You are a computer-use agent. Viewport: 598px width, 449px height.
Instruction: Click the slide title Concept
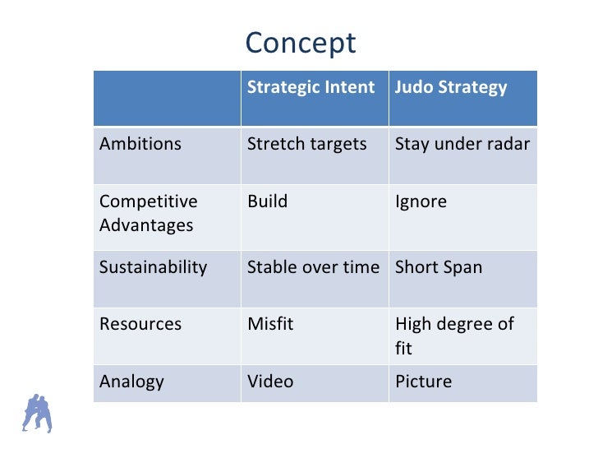click(301, 43)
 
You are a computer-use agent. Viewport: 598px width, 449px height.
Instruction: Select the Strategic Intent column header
click(310, 87)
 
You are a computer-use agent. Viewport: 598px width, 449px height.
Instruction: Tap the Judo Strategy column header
click(451, 87)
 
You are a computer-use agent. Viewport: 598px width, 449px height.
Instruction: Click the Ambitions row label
click(140, 144)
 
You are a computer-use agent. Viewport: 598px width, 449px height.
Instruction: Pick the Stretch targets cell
click(307, 144)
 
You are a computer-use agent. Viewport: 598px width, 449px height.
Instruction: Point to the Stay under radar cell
click(462, 144)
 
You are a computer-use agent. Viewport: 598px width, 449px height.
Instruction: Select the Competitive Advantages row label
click(148, 213)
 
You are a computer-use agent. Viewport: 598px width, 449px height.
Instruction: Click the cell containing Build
click(268, 201)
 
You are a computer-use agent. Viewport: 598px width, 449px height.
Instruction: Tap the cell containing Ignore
click(421, 201)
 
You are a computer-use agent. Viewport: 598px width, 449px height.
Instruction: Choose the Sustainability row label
click(153, 267)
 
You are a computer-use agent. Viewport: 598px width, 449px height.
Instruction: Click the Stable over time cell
click(313, 267)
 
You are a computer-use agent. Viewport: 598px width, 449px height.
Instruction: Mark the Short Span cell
click(439, 267)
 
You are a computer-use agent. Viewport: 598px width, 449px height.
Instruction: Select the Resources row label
click(140, 324)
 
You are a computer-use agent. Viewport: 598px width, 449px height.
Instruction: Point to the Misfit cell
click(270, 324)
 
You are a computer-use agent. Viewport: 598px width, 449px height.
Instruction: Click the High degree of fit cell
click(454, 336)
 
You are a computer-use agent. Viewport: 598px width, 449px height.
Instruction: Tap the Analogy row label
click(131, 382)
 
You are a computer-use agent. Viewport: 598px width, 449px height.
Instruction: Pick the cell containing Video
click(270, 382)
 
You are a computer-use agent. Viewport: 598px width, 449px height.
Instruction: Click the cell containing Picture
click(423, 382)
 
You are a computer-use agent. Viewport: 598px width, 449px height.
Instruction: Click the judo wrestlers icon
click(37, 414)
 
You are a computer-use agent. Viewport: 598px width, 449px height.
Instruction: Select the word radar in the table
click(508, 144)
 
